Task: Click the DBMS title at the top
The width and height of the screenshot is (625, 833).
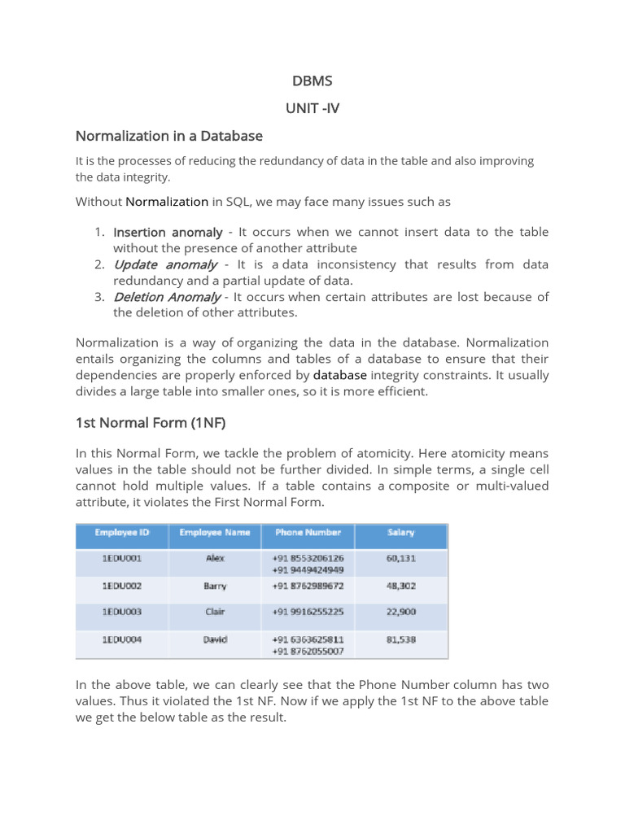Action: tap(312, 81)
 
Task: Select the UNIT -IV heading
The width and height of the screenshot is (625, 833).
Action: tap(312, 108)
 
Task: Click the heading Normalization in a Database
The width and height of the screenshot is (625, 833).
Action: tap(168, 136)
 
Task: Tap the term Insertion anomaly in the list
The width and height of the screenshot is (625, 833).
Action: tap(168, 232)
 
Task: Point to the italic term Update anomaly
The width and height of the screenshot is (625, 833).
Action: tap(165, 264)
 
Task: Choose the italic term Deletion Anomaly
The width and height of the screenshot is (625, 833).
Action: tap(167, 297)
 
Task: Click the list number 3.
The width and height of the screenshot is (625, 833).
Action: tap(98, 297)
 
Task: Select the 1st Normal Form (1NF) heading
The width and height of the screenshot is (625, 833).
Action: tap(150, 423)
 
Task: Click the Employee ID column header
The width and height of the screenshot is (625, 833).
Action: tap(122, 533)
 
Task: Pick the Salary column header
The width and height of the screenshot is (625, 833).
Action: tap(401, 533)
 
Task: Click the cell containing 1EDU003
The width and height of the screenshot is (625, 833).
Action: tap(122, 612)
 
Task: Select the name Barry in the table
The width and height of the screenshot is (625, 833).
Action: tap(216, 585)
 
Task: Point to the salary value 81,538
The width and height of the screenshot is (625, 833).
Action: tap(401, 639)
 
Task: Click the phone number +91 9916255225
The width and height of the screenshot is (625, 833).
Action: tap(308, 612)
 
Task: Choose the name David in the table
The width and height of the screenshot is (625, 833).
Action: tap(216, 639)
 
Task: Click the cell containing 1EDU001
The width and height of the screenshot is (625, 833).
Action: tap(122, 558)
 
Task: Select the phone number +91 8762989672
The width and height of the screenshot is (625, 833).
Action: tap(308, 585)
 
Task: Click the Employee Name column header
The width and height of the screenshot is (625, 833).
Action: tap(216, 533)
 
